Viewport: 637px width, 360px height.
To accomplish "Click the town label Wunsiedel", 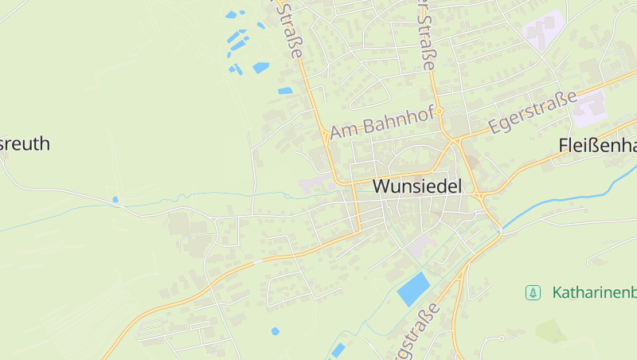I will [416, 187].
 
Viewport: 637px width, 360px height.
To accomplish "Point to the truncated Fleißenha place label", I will [597, 146].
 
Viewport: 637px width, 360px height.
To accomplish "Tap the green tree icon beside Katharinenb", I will [533, 292].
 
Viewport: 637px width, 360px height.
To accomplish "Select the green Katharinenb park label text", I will [594, 292].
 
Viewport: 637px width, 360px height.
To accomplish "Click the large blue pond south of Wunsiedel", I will [413, 288].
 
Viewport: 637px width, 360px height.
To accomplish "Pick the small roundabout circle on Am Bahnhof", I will [439, 112].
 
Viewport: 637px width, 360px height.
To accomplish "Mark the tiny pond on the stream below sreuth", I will [115, 199].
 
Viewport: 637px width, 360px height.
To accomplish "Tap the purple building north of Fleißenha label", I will [589, 108].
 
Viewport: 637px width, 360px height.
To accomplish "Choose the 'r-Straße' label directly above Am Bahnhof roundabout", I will [427, 36].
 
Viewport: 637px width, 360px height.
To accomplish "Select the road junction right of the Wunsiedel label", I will [480, 195].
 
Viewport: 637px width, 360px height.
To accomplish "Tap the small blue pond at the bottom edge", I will [338, 350].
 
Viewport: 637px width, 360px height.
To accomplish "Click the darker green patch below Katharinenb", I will [550, 330].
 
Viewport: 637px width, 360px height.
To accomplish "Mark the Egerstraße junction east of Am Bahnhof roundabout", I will [457, 140].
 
